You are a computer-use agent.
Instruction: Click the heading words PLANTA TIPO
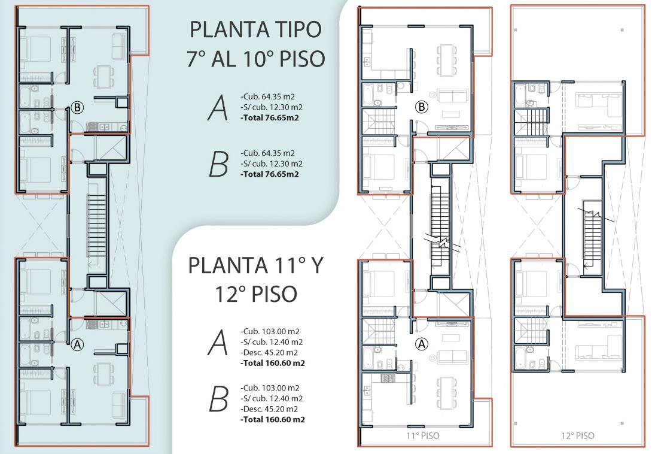click(255, 29)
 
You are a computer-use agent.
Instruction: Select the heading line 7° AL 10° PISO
click(255, 58)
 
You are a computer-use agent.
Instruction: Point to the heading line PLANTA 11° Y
click(255, 265)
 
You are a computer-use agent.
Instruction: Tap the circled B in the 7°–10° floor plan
click(77, 108)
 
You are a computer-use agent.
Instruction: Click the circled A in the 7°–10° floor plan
click(77, 344)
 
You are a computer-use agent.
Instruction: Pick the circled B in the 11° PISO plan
click(422, 107)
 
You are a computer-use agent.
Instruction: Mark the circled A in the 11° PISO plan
click(422, 344)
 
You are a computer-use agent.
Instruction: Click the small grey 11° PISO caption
click(423, 435)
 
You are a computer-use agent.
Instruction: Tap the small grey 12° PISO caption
click(578, 435)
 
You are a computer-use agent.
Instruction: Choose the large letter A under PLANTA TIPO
click(218, 108)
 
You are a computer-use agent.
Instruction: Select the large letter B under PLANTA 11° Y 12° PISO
click(218, 399)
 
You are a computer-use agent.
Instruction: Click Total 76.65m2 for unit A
click(270, 117)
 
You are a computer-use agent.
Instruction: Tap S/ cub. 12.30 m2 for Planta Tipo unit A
click(272, 107)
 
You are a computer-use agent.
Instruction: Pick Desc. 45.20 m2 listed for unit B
click(269, 409)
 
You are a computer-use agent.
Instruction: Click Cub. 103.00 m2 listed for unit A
click(270, 331)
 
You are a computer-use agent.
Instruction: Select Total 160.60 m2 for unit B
click(273, 419)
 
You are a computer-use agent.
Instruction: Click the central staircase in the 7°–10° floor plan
click(97, 226)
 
